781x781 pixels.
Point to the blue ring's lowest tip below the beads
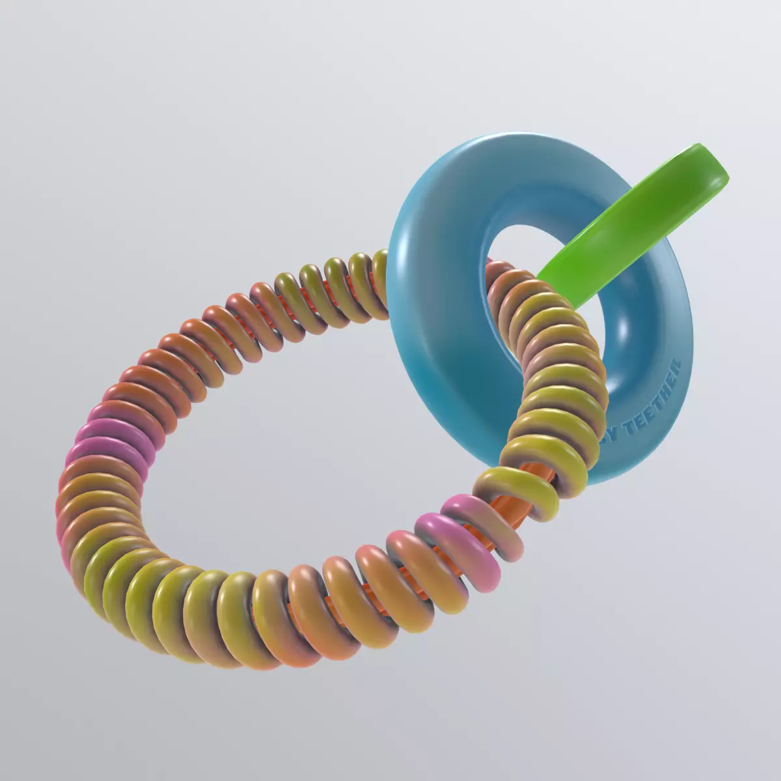pyautogui.click(x=596, y=478)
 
